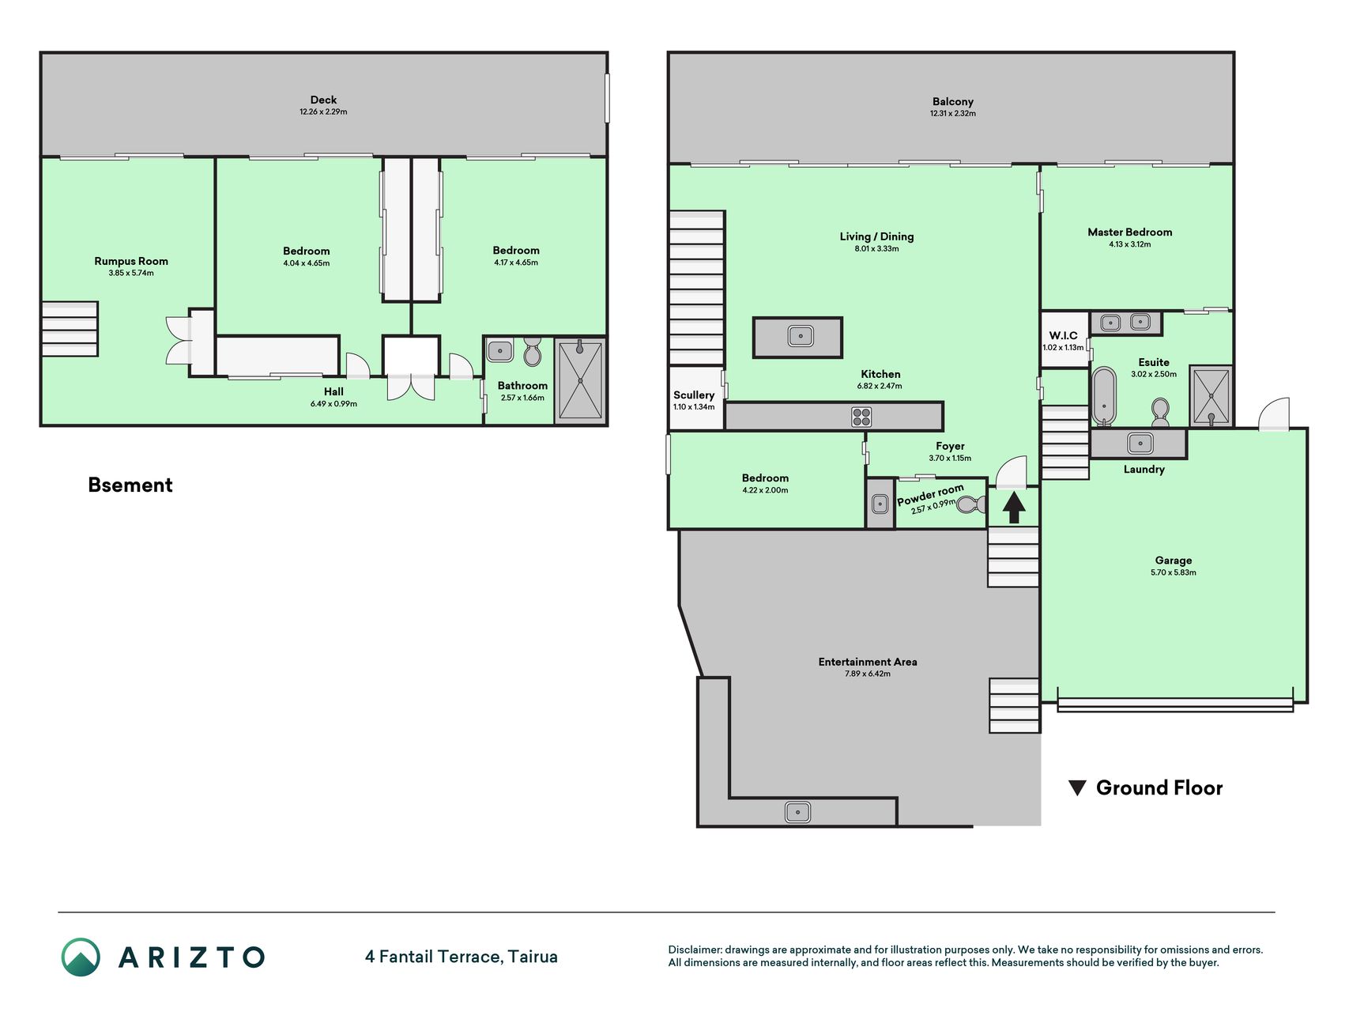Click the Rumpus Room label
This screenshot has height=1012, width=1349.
(131, 261)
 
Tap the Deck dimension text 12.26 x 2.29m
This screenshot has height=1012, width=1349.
(323, 112)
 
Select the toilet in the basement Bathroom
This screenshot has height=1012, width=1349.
(533, 352)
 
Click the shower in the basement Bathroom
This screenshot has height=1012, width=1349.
(580, 380)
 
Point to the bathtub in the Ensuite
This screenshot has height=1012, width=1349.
(1104, 396)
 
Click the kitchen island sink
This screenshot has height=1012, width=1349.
(801, 337)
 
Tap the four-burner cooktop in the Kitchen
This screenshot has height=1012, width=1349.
(861, 417)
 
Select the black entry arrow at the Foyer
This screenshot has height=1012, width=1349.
(1014, 507)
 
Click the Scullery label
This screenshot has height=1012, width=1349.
(694, 395)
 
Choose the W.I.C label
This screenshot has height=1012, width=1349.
(1063, 335)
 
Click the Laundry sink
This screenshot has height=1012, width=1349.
(1140, 443)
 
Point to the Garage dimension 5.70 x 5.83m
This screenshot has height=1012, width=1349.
(1174, 572)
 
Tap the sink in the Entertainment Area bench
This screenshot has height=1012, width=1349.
(797, 812)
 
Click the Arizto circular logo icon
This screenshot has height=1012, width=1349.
(81, 957)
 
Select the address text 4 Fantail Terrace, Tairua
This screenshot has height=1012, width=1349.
(462, 957)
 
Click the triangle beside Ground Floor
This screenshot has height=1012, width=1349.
(1077, 788)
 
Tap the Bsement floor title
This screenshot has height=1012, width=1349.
(130, 485)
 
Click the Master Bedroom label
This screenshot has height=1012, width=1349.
(1130, 232)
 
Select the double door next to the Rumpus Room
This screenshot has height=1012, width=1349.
(179, 340)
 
